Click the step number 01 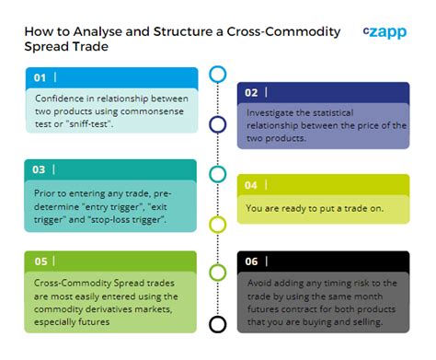tap(40, 77)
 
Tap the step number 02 tap(250, 92)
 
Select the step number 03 tap(40, 169)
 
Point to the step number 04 tap(250, 185)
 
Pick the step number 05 tap(40, 261)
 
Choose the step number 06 tap(250, 261)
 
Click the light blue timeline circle tap(218, 75)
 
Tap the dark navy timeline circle tap(218, 124)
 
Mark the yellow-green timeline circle tap(218, 224)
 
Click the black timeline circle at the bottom tap(218, 324)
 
